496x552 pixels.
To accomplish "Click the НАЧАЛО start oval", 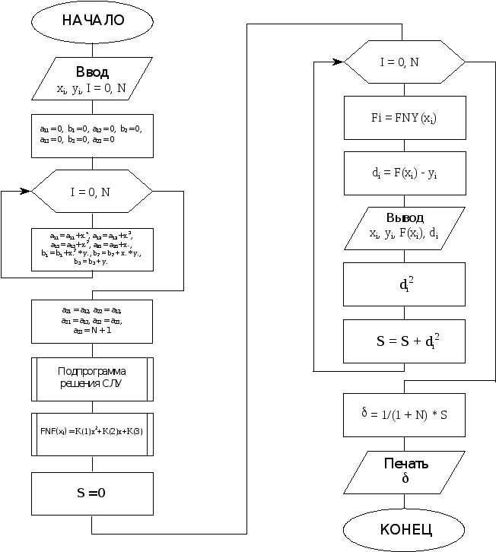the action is (92, 21).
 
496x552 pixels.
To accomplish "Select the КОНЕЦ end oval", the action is (404, 529).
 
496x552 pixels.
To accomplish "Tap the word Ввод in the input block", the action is (92, 73).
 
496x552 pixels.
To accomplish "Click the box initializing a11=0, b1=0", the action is (92, 135).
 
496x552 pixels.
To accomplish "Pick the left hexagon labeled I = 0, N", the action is (91, 192).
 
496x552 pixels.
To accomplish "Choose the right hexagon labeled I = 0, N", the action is (404, 62).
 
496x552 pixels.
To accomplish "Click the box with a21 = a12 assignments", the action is (92, 321).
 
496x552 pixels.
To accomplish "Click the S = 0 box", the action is (92, 493).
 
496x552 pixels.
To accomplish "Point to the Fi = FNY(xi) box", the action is (404, 118).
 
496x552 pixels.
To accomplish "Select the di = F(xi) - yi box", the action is (404, 174).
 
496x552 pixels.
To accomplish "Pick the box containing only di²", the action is (404, 285).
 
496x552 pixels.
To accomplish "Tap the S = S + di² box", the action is (404, 341).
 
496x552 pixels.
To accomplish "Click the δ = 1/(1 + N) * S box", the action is (404, 415).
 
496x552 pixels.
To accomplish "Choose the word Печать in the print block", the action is (405, 464).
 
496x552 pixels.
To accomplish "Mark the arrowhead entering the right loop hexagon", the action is (339, 62).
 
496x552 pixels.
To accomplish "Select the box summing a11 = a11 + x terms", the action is (92, 249).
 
